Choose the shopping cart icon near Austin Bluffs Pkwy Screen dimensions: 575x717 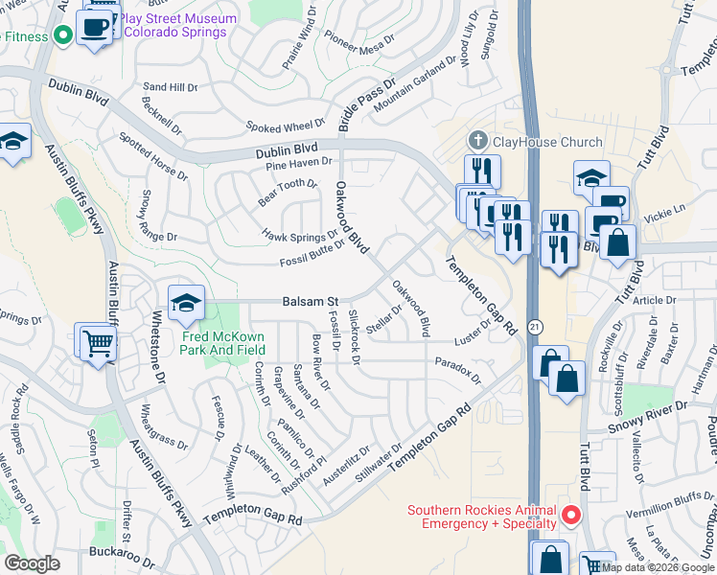pyautogui.click(x=97, y=341)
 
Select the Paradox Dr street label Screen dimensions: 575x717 pyautogui.click(x=456, y=367)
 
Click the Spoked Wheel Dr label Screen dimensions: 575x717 pyautogui.click(x=286, y=126)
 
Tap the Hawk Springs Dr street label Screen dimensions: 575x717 pyautogui.click(x=300, y=234)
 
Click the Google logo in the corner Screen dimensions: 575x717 pyautogui.click(x=32, y=563)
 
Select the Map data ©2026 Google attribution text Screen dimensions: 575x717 pyautogui.click(x=658, y=567)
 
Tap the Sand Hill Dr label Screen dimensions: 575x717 pyautogui.click(x=170, y=86)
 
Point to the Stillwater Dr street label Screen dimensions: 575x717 pyautogui.click(x=379, y=464)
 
